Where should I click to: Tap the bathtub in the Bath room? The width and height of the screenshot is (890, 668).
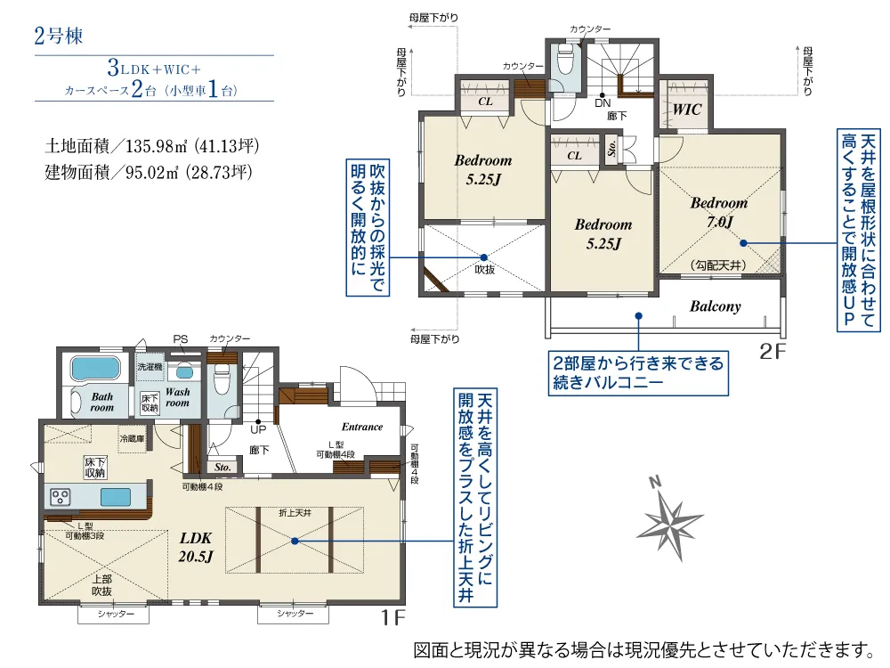click(x=93, y=368)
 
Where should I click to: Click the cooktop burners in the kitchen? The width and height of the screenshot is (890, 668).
click(x=61, y=496)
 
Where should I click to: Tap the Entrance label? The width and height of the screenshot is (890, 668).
click(x=362, y=427)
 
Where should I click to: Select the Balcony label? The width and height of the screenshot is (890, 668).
click(x=715, y=306)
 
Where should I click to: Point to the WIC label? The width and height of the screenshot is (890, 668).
click(x=687, y=110)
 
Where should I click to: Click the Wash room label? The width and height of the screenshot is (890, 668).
click(x=177, y=397)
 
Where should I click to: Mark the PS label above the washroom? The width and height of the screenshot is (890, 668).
click(x=181, y=338)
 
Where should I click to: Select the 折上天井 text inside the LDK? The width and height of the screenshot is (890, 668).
click(x=295, y=513)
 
